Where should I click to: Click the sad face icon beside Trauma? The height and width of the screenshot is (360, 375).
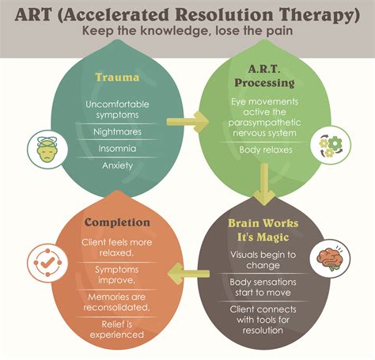pyautogui.click(x=46, y=148)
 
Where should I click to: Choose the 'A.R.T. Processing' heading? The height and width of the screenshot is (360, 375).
pyautogui.click(x=261, y=76)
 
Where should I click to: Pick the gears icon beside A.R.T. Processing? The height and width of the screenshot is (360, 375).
pyautogui.click(x=330, y=148)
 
